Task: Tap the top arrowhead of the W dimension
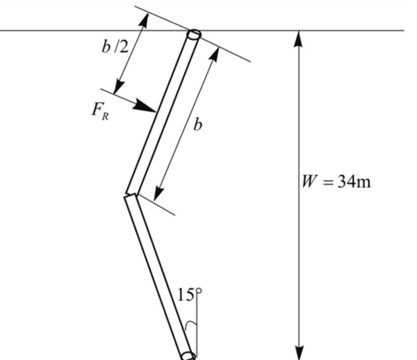tap(298, 37)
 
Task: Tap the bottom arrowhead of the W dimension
tap(298, 353)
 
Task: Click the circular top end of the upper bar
tap(194, 35)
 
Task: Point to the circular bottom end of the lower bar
tap(188, 355)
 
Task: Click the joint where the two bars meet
tap(131, 194)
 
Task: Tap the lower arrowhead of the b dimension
tap(157, 195)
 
